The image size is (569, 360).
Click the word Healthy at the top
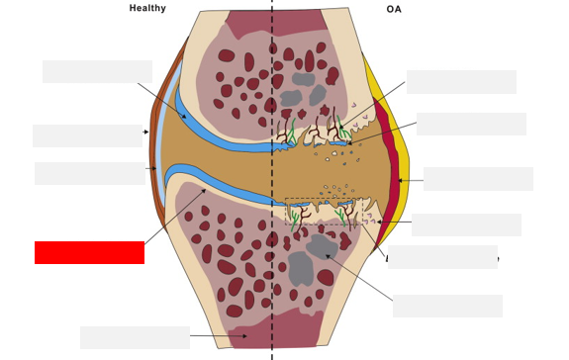pyautogui.click(x=147, y=9)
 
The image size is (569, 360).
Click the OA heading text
pyautogui.click(x=394, y=10)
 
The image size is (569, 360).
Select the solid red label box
pyautogui.click(x=89, y=252)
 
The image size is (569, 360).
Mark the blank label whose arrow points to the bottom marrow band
pyautogui.click(x=135, y=337)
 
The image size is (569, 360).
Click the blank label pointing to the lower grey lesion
pyautogui.click(x=447, y=306)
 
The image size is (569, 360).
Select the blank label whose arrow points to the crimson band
pyautogui.click(x=478, y=179)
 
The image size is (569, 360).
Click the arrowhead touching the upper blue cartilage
pyautogui.click(x=184, y=118)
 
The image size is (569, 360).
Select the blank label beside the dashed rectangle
pyautogui.click(x=466, y=225)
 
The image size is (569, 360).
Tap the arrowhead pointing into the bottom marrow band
pyautogui.click(x=243, y=337)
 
